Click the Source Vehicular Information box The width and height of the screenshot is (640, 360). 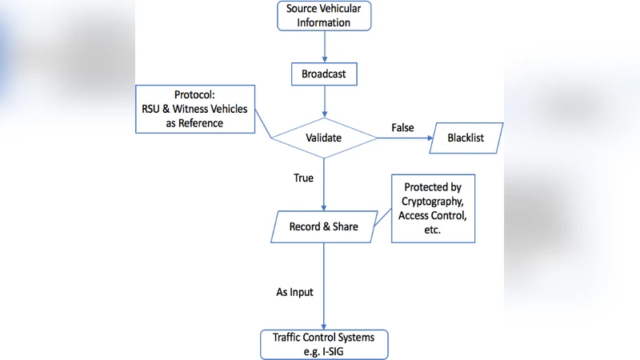[324, 16]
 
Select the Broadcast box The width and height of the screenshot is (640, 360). [324, 74]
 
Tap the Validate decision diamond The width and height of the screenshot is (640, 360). [324, 138]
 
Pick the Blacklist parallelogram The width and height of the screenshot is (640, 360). [466, 138]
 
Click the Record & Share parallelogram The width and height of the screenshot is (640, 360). [324, 226]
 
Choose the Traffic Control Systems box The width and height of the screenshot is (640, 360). [324, 344]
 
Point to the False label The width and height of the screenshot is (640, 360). [402, 128]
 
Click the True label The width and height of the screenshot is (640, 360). [303, 178]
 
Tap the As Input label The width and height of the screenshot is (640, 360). [294, 292]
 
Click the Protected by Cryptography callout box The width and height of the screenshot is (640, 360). [433, 208]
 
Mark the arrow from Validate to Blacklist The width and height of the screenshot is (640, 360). [404, 138]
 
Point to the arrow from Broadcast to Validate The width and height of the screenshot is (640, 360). [324, 102]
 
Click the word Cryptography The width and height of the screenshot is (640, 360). [433, 202]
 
